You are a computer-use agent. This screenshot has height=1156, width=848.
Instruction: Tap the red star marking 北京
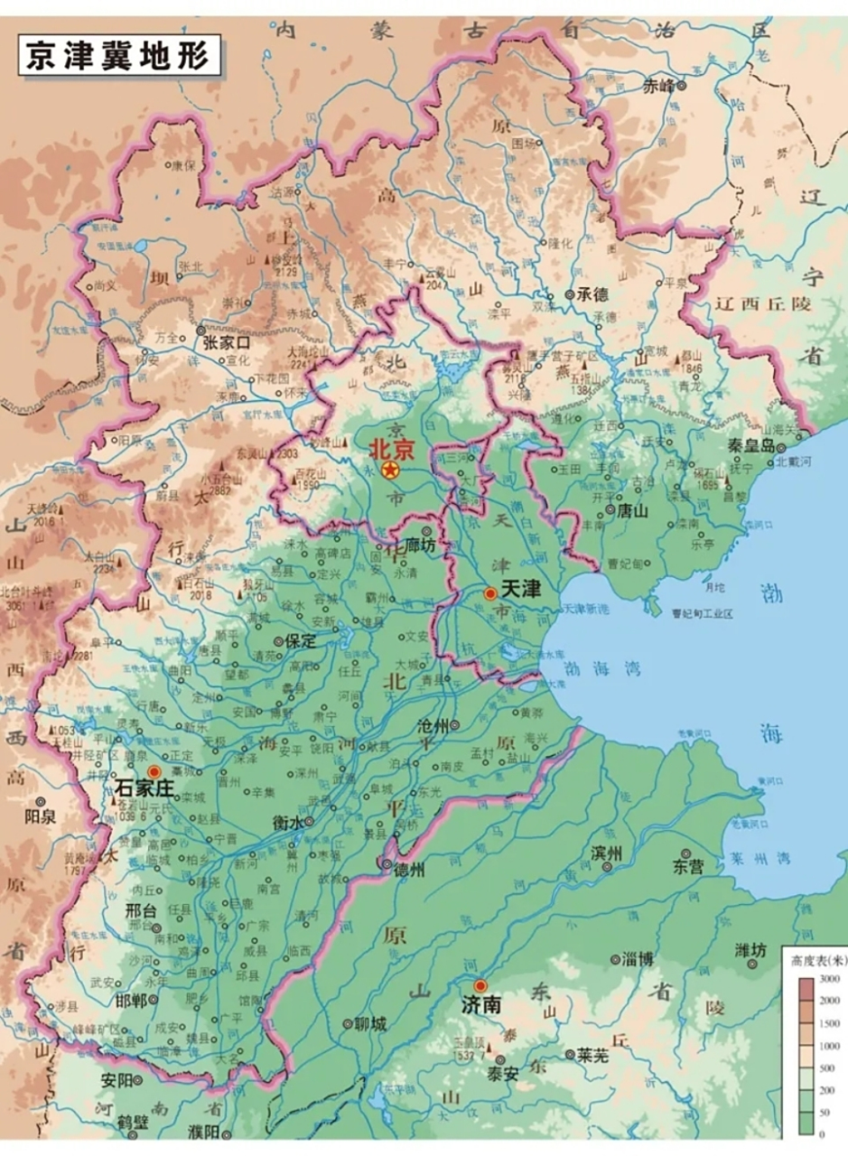(390, 471)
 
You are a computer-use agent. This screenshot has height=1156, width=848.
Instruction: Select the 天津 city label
(520, 590)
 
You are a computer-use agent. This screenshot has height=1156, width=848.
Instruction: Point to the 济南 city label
(480, 1003)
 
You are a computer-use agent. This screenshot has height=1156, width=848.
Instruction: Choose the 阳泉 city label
(41, 818)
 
